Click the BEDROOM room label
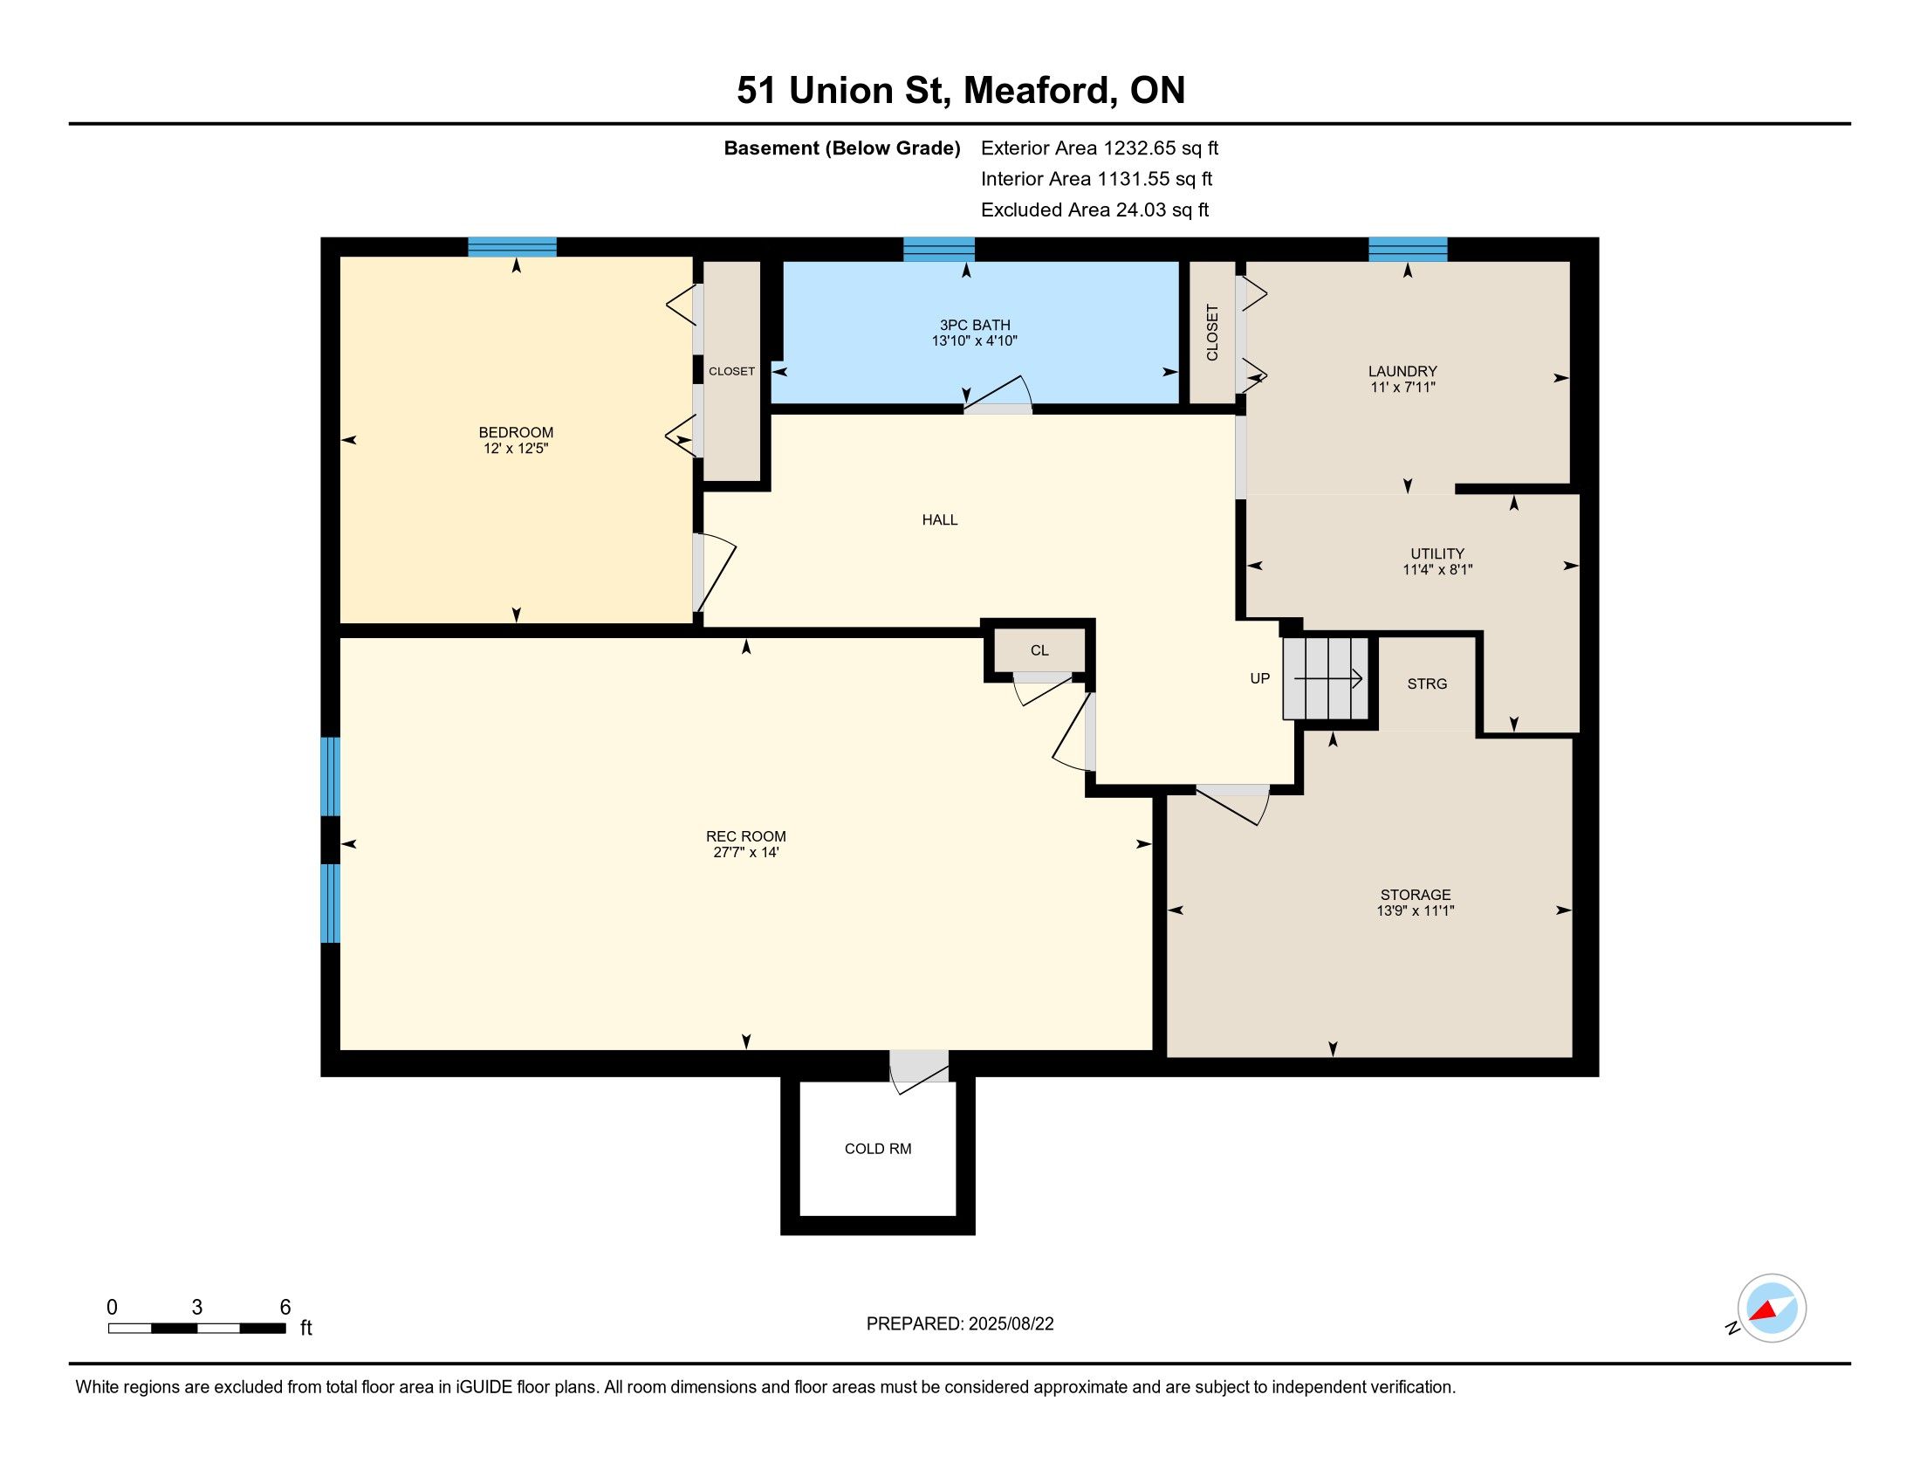(x=516, y=431)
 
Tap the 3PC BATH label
(x=975, y=326)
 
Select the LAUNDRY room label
(x=1402, y=371)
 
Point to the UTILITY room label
(x=1437, y=553)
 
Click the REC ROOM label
(x=745, y=836)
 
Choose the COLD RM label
(x=877, y=1149)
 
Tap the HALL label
(x=940, y=519)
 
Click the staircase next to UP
(x=1326, y=678)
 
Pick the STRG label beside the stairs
(x=1427, y=684)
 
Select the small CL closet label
(x=1039, y=650)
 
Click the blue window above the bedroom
(x=511, y=247)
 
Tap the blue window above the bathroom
(x=939, y=249)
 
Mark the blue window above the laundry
(x=1408, y=249)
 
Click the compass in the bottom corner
(x=1772, y=1308)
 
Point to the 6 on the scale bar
(x=285, y=1308)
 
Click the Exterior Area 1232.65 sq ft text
(x=1100, y=148)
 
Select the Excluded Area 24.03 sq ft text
(x=1094, y=210)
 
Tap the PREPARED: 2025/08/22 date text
(x=960, y=1324)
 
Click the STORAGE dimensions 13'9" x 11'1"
(x=1416, y=910)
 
